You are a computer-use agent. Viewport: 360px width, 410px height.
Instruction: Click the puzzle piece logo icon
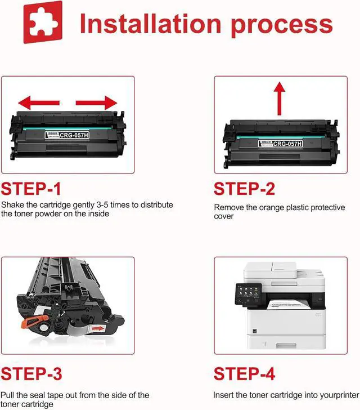point(43,22)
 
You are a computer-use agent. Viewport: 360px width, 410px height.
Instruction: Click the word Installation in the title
point(151,24)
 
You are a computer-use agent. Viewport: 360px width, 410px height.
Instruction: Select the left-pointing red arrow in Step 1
point(39,102)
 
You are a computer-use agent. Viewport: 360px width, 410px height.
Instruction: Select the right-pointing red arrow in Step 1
point(96,102)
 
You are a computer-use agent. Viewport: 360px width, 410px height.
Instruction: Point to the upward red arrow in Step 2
point(280,99)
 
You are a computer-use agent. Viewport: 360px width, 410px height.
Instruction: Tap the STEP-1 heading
point(31,189)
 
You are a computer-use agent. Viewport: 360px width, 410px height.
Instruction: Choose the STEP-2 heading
point(245,189)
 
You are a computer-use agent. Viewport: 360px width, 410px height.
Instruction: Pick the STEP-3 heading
point(31,374)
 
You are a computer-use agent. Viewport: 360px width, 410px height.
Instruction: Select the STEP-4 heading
point(245,374)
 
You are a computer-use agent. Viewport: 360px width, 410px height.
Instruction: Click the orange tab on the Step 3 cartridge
point(34,322)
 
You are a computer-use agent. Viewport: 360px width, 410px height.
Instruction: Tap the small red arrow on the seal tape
point(98,328)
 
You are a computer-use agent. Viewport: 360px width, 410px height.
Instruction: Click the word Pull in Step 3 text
point(7,395)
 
